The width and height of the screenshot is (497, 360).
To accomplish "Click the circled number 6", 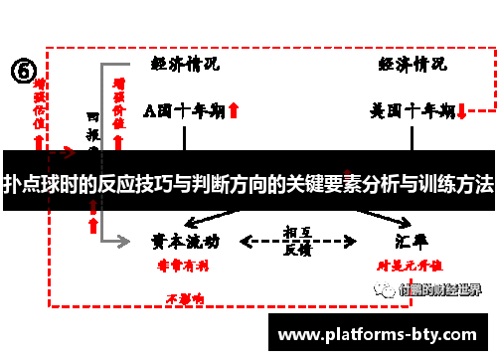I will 24,72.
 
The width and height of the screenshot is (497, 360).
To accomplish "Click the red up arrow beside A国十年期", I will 233,111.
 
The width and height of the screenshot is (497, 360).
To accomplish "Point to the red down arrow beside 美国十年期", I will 462,111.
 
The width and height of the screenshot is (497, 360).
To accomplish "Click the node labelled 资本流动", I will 185,241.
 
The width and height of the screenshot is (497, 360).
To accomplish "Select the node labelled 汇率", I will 411,241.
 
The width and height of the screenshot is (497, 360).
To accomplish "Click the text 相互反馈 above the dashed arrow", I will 296,239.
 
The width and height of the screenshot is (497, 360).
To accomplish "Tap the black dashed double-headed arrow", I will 299,242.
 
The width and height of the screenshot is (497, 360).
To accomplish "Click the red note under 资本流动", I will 179,266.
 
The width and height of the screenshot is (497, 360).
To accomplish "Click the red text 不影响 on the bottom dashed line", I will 185,297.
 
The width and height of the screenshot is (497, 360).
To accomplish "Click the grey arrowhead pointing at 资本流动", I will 125,242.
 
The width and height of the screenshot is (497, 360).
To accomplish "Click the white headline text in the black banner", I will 248,185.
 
